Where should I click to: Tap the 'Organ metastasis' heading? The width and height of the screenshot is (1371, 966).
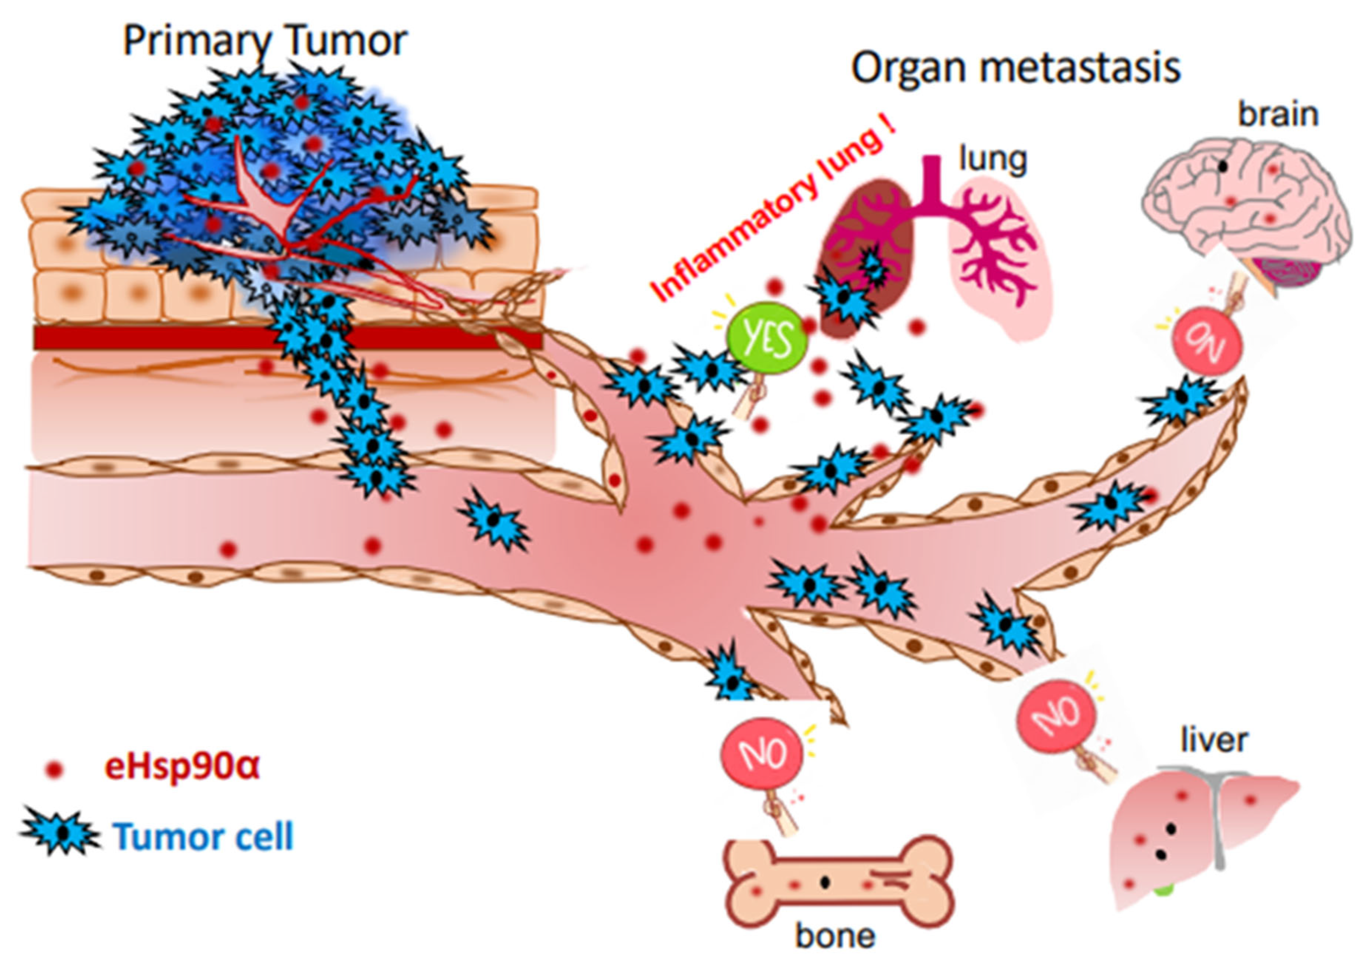pos(1015,68)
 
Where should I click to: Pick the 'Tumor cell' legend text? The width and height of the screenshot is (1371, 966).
pos(203,836)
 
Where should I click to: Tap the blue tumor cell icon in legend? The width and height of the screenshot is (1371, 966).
pos(60,832)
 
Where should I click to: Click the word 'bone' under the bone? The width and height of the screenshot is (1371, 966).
pos(834,936)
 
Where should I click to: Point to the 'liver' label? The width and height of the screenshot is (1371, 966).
pos(1214,741)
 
